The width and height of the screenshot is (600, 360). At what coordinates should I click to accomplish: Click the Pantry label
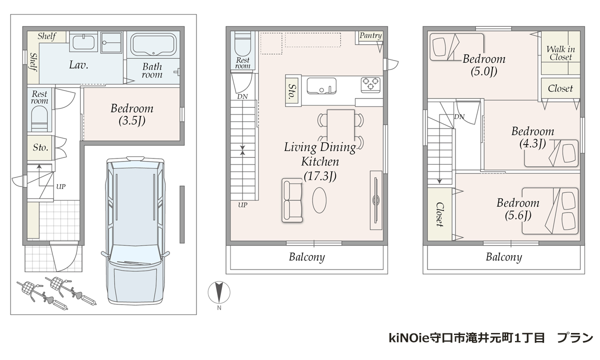click(x=370, y=35)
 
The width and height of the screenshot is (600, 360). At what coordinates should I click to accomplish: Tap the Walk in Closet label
click(x=560, y=53)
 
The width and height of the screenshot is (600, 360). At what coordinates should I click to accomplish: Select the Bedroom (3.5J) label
click(x=132, y=114)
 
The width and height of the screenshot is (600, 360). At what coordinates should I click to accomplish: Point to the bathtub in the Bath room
click(x=153, y=44)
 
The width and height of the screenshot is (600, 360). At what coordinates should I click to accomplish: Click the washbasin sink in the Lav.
click(x=83, y=42)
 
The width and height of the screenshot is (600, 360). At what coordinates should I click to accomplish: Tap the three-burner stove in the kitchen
click(x=370, y=84)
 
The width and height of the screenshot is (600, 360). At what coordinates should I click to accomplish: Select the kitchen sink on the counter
click(x=321, y=85)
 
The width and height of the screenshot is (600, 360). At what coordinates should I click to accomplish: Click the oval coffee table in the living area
click(x=319, y=200)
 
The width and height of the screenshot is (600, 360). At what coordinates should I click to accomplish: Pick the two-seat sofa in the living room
click(x=292, y=200)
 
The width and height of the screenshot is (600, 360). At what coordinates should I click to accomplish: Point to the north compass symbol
click(x=219, y=292)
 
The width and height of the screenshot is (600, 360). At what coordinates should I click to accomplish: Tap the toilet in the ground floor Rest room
click(x=39, y=119)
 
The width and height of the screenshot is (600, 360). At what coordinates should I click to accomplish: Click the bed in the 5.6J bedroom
click(x=550, y=211)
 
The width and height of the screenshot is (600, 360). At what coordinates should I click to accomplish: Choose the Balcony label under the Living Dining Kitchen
click(x=306, y=257)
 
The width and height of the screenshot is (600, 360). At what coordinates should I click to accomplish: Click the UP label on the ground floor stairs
click(x=61, y=186)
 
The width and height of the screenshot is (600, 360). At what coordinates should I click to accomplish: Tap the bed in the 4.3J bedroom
click(x=551, y=153)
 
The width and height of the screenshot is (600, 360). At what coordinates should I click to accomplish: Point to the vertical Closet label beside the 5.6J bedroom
click(x=439, y=214)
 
